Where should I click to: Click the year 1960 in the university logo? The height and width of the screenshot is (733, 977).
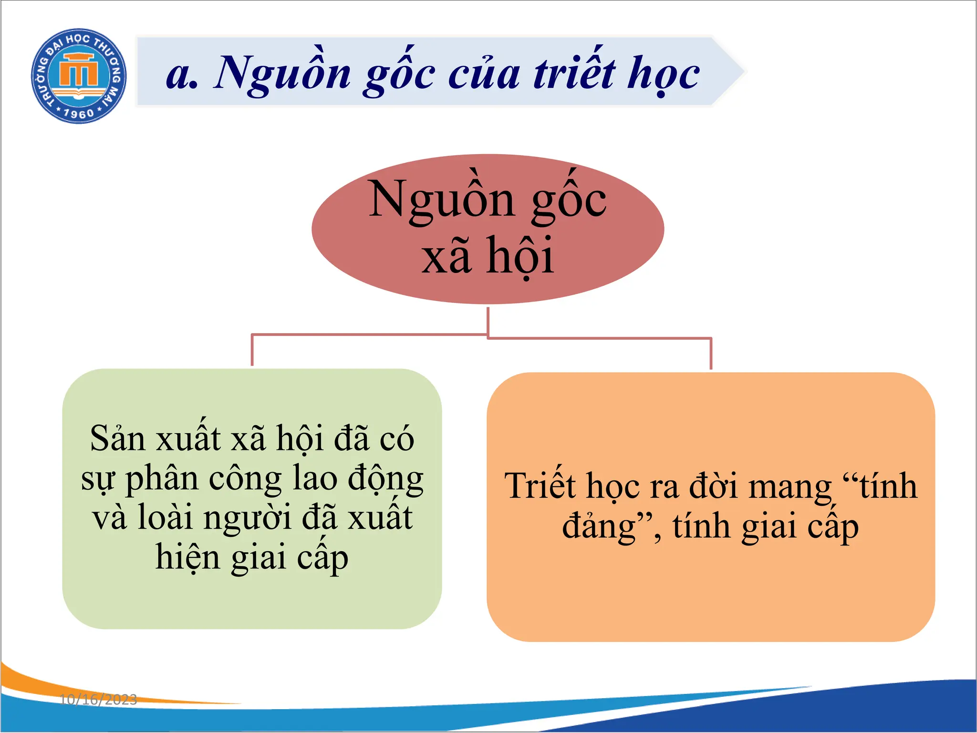coord(79,114)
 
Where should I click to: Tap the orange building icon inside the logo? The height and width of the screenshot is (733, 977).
coord(78,72)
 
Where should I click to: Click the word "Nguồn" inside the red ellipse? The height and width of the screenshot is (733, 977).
coord(441,201)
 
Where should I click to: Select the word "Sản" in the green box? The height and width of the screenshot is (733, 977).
coord(117,439)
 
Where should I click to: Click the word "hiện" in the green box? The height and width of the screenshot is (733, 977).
coord(187,557)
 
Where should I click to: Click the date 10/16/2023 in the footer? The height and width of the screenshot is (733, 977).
coord(98,700)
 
